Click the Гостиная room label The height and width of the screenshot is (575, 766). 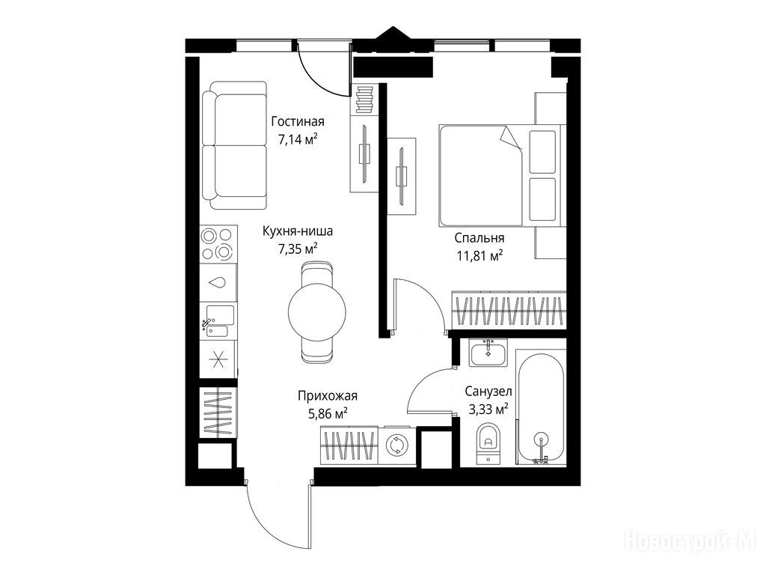point(298,121)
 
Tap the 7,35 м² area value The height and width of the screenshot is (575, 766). point(298,249)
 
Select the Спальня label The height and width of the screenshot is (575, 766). point(479,239)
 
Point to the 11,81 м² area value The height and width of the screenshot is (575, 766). point(480,256)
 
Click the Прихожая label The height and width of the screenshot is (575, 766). point(328,395)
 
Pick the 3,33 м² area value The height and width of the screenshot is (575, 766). point(488,410)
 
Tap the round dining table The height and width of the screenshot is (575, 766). point(317,311)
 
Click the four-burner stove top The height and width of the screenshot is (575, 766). point(218,243)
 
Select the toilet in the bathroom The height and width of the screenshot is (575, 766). point(488,443)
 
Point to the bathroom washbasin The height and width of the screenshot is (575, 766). point(488,352)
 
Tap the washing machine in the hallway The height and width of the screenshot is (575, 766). point(396,445)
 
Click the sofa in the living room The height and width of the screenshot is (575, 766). point(235,146)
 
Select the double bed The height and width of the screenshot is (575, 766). point(502,175)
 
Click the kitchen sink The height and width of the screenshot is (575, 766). point(218,321)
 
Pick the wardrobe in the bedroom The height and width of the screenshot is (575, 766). point(509,310)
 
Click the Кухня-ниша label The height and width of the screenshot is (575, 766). point(298,231)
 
